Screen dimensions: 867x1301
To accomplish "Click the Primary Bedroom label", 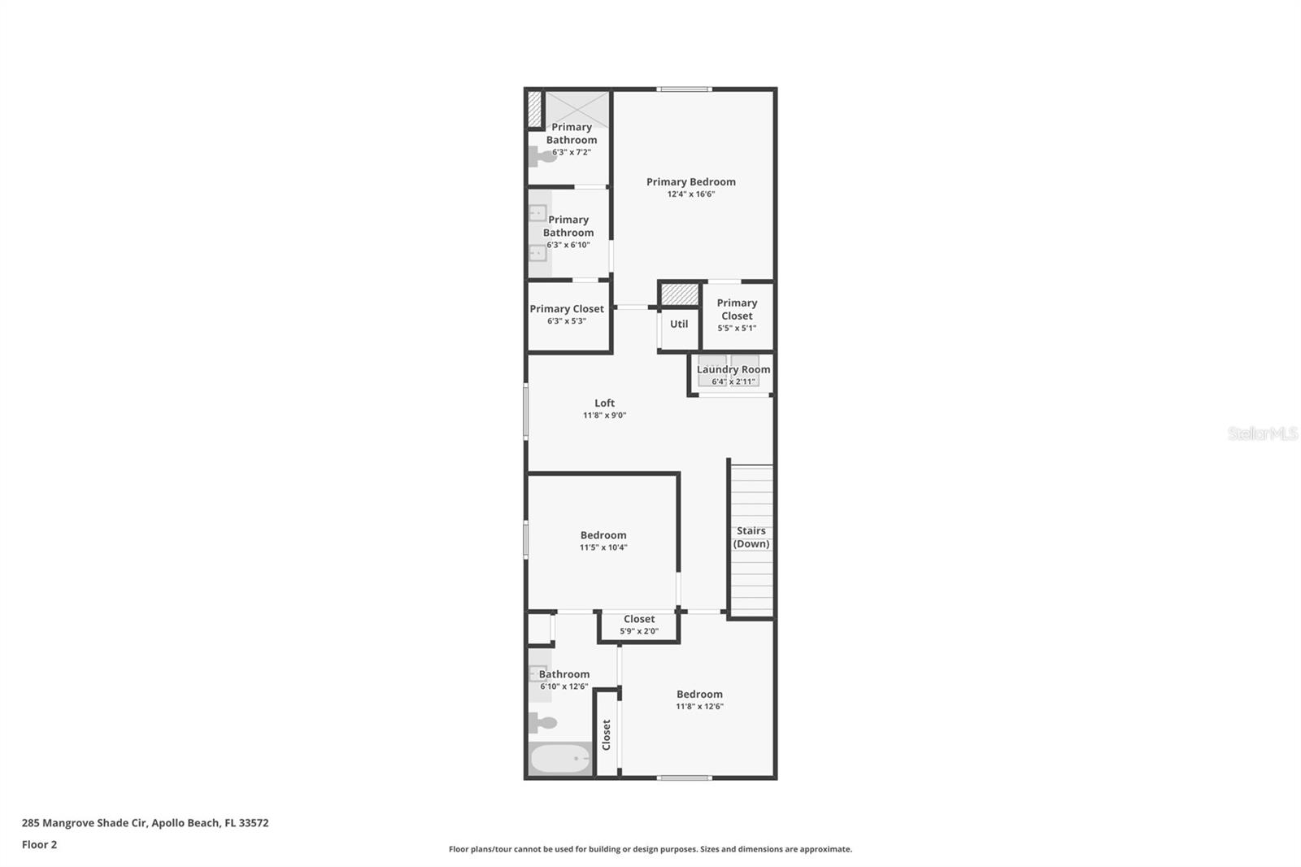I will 690,182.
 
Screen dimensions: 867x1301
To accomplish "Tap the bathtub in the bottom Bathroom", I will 560,759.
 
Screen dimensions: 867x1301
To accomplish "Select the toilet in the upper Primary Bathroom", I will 542,155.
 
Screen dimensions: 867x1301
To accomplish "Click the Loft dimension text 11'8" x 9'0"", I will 604,416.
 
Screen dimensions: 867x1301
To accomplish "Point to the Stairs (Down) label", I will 751,538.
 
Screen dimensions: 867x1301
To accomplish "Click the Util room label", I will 679,324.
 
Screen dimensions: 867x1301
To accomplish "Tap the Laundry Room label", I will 733,369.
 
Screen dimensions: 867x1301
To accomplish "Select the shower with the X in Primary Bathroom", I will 577,109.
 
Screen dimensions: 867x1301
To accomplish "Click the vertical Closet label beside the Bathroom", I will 607,734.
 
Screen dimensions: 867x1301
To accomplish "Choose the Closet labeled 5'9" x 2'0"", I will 639,625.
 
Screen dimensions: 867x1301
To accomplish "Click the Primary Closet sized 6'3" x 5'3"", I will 567,314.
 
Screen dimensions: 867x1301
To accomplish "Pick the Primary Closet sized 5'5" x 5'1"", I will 737,315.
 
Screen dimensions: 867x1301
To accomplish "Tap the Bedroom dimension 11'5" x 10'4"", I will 603,547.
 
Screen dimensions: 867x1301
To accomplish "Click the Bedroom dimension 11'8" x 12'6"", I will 699,706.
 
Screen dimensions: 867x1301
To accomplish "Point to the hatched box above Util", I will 680,294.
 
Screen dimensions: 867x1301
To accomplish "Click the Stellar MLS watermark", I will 1262,433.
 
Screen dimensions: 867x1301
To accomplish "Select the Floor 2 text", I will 39,844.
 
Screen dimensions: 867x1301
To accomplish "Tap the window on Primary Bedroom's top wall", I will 685,89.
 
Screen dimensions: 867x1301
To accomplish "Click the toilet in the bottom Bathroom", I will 542,721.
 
